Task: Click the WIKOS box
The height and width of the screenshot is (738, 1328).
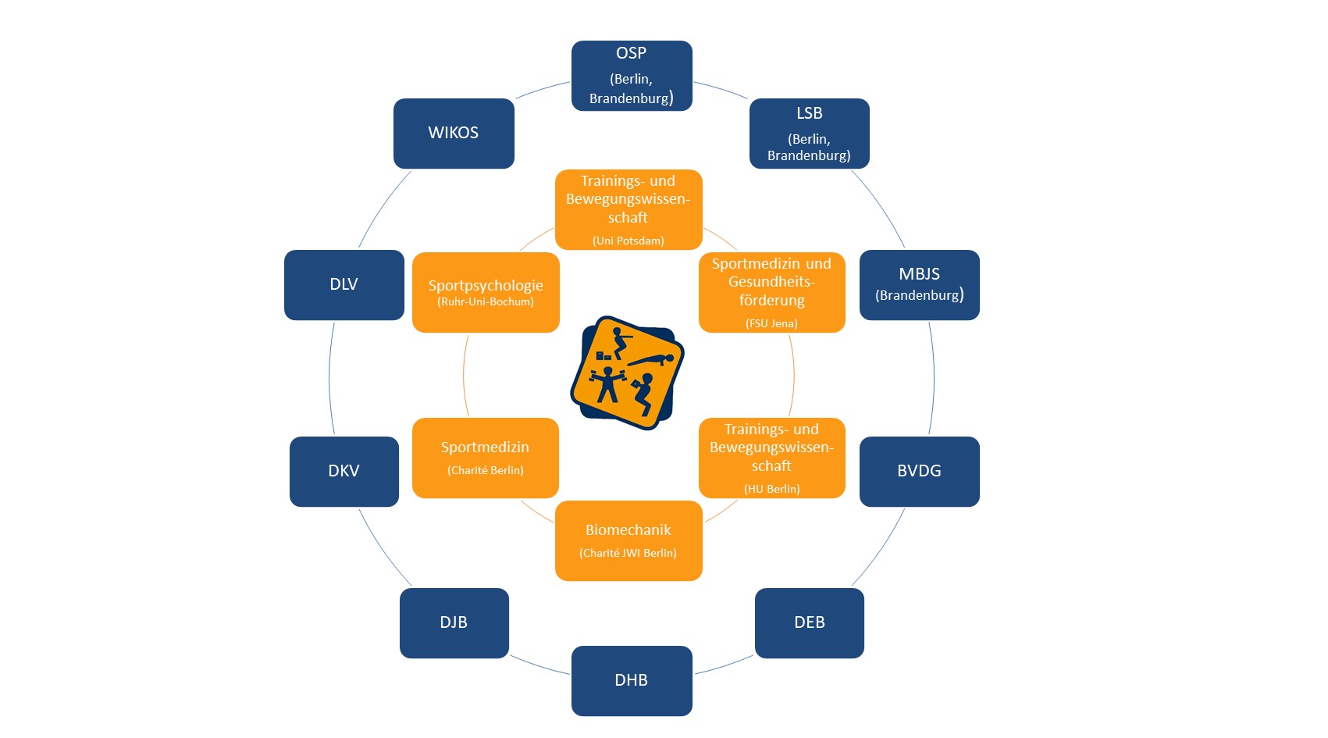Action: (x=454, y=134)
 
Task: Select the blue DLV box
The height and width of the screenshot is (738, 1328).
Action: (x=344, y=285)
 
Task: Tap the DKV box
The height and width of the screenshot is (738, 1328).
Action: (x=344, y=472)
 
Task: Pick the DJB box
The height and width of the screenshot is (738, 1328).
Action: (x=454, y=623)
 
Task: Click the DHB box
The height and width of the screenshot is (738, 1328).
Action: (x=632, y=681)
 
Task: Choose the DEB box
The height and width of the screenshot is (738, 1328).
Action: (x=810, y=623)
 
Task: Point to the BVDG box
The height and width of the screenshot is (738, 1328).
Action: (x=919, y=472)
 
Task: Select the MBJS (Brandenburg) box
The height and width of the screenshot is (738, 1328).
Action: (x=919, y=285)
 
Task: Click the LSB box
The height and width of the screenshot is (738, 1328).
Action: (x=810, y=134)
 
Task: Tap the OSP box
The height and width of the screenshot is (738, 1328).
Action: (x=632, y=76)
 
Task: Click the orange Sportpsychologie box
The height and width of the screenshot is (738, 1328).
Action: (x=486, y=292)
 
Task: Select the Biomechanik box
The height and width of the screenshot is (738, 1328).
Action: (x=628, y=540)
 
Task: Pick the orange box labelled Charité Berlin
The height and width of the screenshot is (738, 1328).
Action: (x=486, y=458)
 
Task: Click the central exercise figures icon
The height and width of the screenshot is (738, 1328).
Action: (x=628, y=373)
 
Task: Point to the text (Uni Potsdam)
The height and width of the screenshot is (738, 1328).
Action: (x=628, y=241)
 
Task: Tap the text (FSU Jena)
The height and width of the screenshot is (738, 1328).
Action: (x=771, y=323)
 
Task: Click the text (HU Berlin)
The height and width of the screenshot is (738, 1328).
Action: (x=771, y=489)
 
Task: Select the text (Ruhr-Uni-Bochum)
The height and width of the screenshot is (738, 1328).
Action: (x=486, y=302)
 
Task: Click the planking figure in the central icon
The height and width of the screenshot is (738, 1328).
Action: (x=651, y=360)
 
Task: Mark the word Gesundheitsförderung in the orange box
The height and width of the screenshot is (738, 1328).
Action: (x=771, y=291)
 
